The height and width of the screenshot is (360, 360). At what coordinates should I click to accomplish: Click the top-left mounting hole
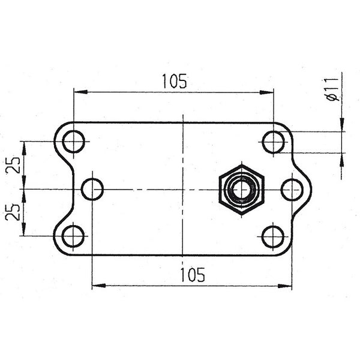tap(74, 142)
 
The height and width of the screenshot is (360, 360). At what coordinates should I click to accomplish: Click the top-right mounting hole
tap(274, 142)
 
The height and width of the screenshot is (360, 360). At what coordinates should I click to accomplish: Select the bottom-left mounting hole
tap(74, 236)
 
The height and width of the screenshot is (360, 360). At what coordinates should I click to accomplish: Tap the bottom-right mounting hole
tap(274, 236)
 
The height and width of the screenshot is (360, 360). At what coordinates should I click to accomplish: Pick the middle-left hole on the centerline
tap(92, 189)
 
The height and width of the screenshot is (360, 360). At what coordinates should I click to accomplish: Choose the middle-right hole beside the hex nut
tap(292, 189)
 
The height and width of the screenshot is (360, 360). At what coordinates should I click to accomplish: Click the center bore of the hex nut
tap(241, 189)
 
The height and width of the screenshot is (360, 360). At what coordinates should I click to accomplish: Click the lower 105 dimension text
tap(192, 275)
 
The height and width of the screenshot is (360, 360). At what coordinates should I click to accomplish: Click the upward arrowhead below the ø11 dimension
tap(342, 158)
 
